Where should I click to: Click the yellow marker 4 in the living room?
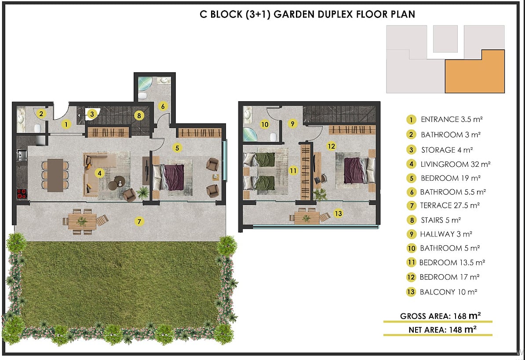click(99, 173)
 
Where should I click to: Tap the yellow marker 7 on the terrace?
click(139, 221)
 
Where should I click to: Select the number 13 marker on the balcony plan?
click(338, 213)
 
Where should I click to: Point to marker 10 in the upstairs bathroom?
click(265, 125)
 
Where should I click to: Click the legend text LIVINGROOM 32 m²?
click(456, 164)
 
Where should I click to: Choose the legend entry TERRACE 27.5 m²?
click(450, 206)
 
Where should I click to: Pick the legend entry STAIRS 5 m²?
click(441, 220)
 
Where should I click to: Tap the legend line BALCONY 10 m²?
click(448, 292)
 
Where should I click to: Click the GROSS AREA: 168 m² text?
click(440, 316)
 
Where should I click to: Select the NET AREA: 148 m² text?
click(442, 330)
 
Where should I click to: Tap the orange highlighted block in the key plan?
click(475, 71)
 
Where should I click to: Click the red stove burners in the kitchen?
click(22, 194)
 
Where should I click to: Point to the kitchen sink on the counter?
click(22, 155)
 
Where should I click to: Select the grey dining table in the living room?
click(55, 175)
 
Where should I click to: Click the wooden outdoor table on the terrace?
click(82, 221)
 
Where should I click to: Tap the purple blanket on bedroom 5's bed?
click(174, 177)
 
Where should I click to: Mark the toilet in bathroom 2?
click(38, 128)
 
